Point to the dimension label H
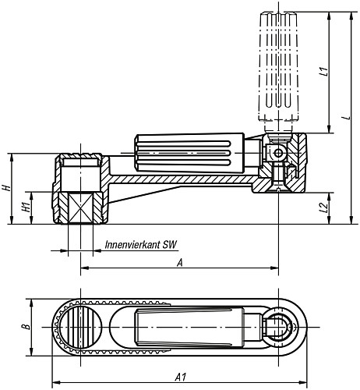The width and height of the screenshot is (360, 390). pos(7,189)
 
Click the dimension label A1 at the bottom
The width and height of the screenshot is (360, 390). pos(181,378)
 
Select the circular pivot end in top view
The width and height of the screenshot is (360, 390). pos(277,327)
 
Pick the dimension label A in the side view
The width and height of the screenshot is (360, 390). pos(181,263)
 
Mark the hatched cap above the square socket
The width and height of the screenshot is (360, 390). pos(79,164)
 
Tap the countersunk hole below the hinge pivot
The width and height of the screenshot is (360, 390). pos(279,186)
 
